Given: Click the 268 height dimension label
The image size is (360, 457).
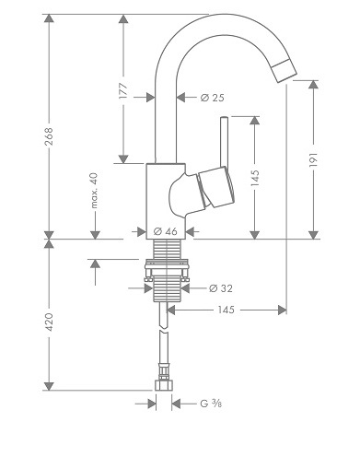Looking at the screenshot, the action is pyautogui.click(x=49, y=136).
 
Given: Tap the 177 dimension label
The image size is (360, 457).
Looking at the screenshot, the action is pyautogui.click(x=123, y=90).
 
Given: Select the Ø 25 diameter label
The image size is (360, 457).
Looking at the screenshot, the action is pyautogui.click(x=213, y=98).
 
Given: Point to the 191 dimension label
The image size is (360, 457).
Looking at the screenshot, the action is pyautogui.click(x=313, y=159).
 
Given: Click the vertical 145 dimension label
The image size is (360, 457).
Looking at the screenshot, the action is pyautogui.click(x=255, y=178).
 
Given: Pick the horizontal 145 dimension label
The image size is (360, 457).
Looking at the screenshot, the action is pyautogui.click(x=226, y=310).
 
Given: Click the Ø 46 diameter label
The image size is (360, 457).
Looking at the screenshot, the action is pyautogui.click(x=166, y=231).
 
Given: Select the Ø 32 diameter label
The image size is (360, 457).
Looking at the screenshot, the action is pyautogui.click(x=221, y=288).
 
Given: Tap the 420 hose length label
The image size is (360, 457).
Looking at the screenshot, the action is pyautogui.click(x=49, y=322).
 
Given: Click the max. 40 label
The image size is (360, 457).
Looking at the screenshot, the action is pyautogui.click(x=95, y=191).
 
